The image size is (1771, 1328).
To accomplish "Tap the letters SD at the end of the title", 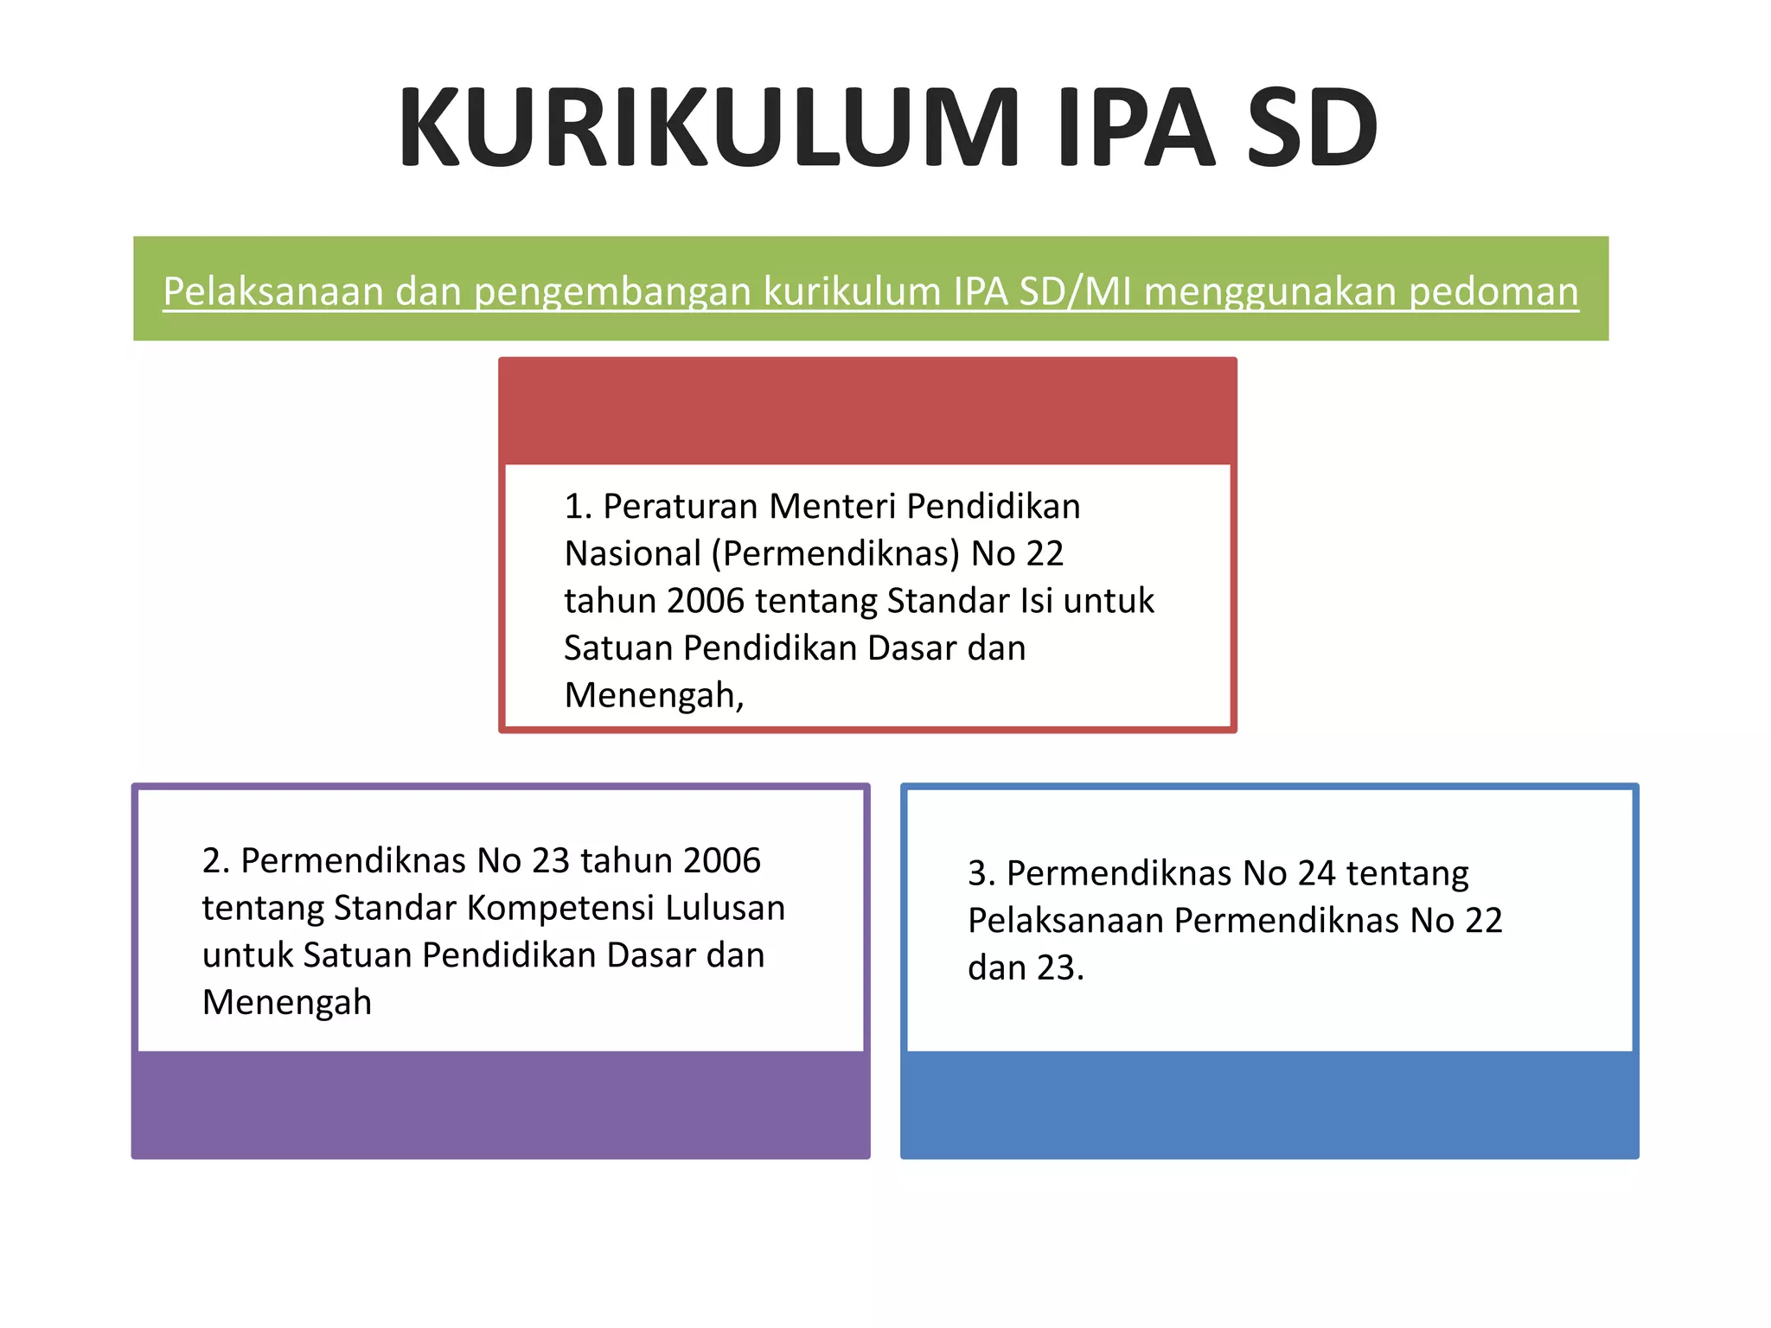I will click(x=1311, y=128).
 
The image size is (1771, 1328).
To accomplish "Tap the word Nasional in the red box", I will click(x=632, y=554).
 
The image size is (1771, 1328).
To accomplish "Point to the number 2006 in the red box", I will click(x=706, y=601).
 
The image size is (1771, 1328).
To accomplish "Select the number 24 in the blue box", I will click(x=1316, y=874).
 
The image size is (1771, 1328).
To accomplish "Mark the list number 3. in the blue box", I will click(x=982, y=874).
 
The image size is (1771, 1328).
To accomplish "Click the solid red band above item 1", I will click(x=867, y=412).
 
